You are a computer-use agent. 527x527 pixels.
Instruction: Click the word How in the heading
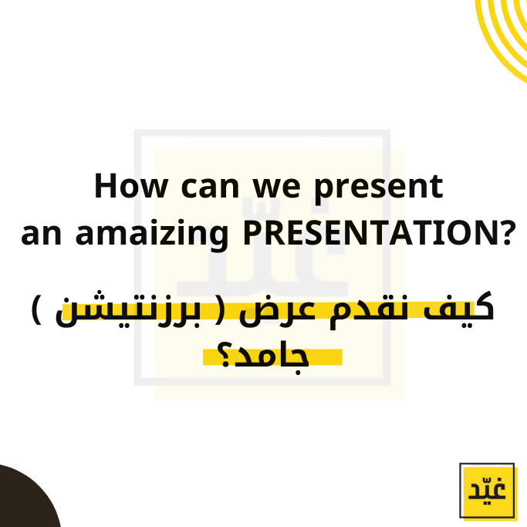point(131,185)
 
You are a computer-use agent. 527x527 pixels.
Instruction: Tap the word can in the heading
point(210,187)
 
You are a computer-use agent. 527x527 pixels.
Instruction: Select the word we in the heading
point(276,187)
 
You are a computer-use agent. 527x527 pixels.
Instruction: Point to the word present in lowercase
point(378,189)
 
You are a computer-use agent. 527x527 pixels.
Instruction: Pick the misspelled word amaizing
point(152,235)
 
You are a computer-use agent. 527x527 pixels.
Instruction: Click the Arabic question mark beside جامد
point(225,355)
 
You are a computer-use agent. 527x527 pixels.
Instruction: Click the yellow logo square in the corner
point(488,492)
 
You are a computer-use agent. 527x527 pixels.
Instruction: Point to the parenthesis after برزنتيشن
point(37,309)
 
